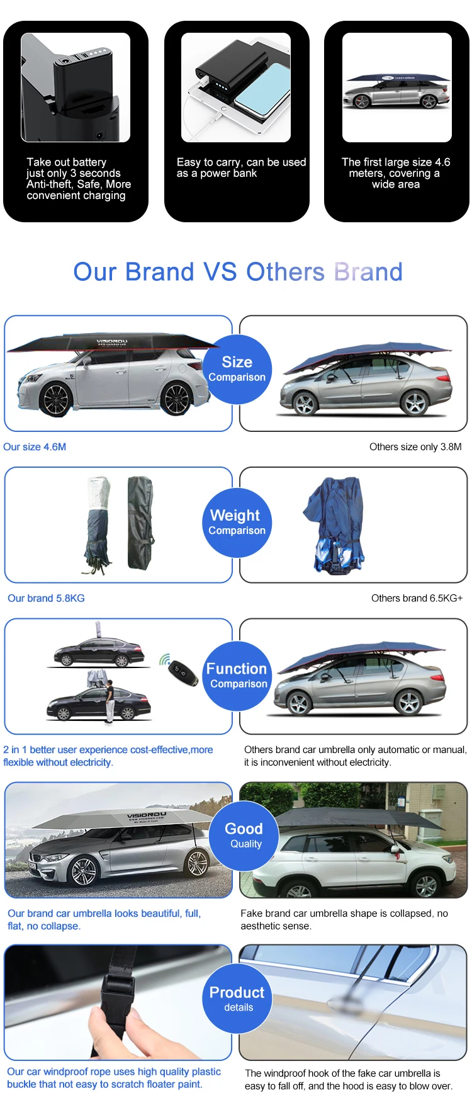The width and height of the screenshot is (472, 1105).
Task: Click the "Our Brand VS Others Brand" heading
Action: tap(237, 272)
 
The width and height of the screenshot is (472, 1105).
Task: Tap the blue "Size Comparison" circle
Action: tap(237, 369)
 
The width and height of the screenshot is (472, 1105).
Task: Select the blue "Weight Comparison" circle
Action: tap(237, 523)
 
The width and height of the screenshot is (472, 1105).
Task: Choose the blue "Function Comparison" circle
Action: tap(237, 676)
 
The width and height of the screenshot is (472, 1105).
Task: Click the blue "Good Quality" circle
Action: tap(244, 835)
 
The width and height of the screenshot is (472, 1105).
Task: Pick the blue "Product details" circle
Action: tap(237, 998)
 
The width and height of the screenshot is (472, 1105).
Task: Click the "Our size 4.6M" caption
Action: tap(35, 447)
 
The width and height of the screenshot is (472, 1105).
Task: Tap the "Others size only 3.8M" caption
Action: tap(415, 447)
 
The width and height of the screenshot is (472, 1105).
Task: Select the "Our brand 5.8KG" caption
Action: tap(46, 598)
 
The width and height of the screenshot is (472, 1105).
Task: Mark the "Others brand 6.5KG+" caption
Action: tap(417, 598)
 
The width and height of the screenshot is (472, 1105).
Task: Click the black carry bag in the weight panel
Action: tap(140, 523)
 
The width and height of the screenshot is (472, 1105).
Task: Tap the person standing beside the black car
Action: tap(110, 701)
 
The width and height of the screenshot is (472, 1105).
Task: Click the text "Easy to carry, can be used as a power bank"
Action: tap(241, 167)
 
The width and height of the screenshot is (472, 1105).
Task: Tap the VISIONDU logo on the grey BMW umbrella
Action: tap(147, 816)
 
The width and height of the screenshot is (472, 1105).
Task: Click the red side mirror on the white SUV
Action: tap(396, 849)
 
